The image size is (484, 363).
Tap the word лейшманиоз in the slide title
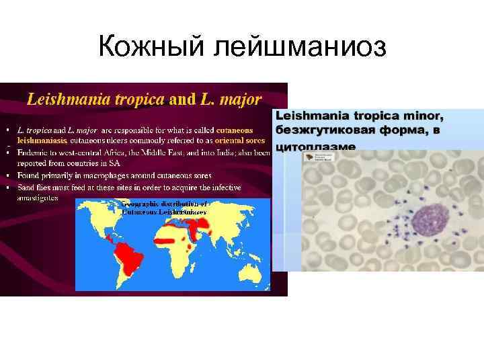coord(296,46)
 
